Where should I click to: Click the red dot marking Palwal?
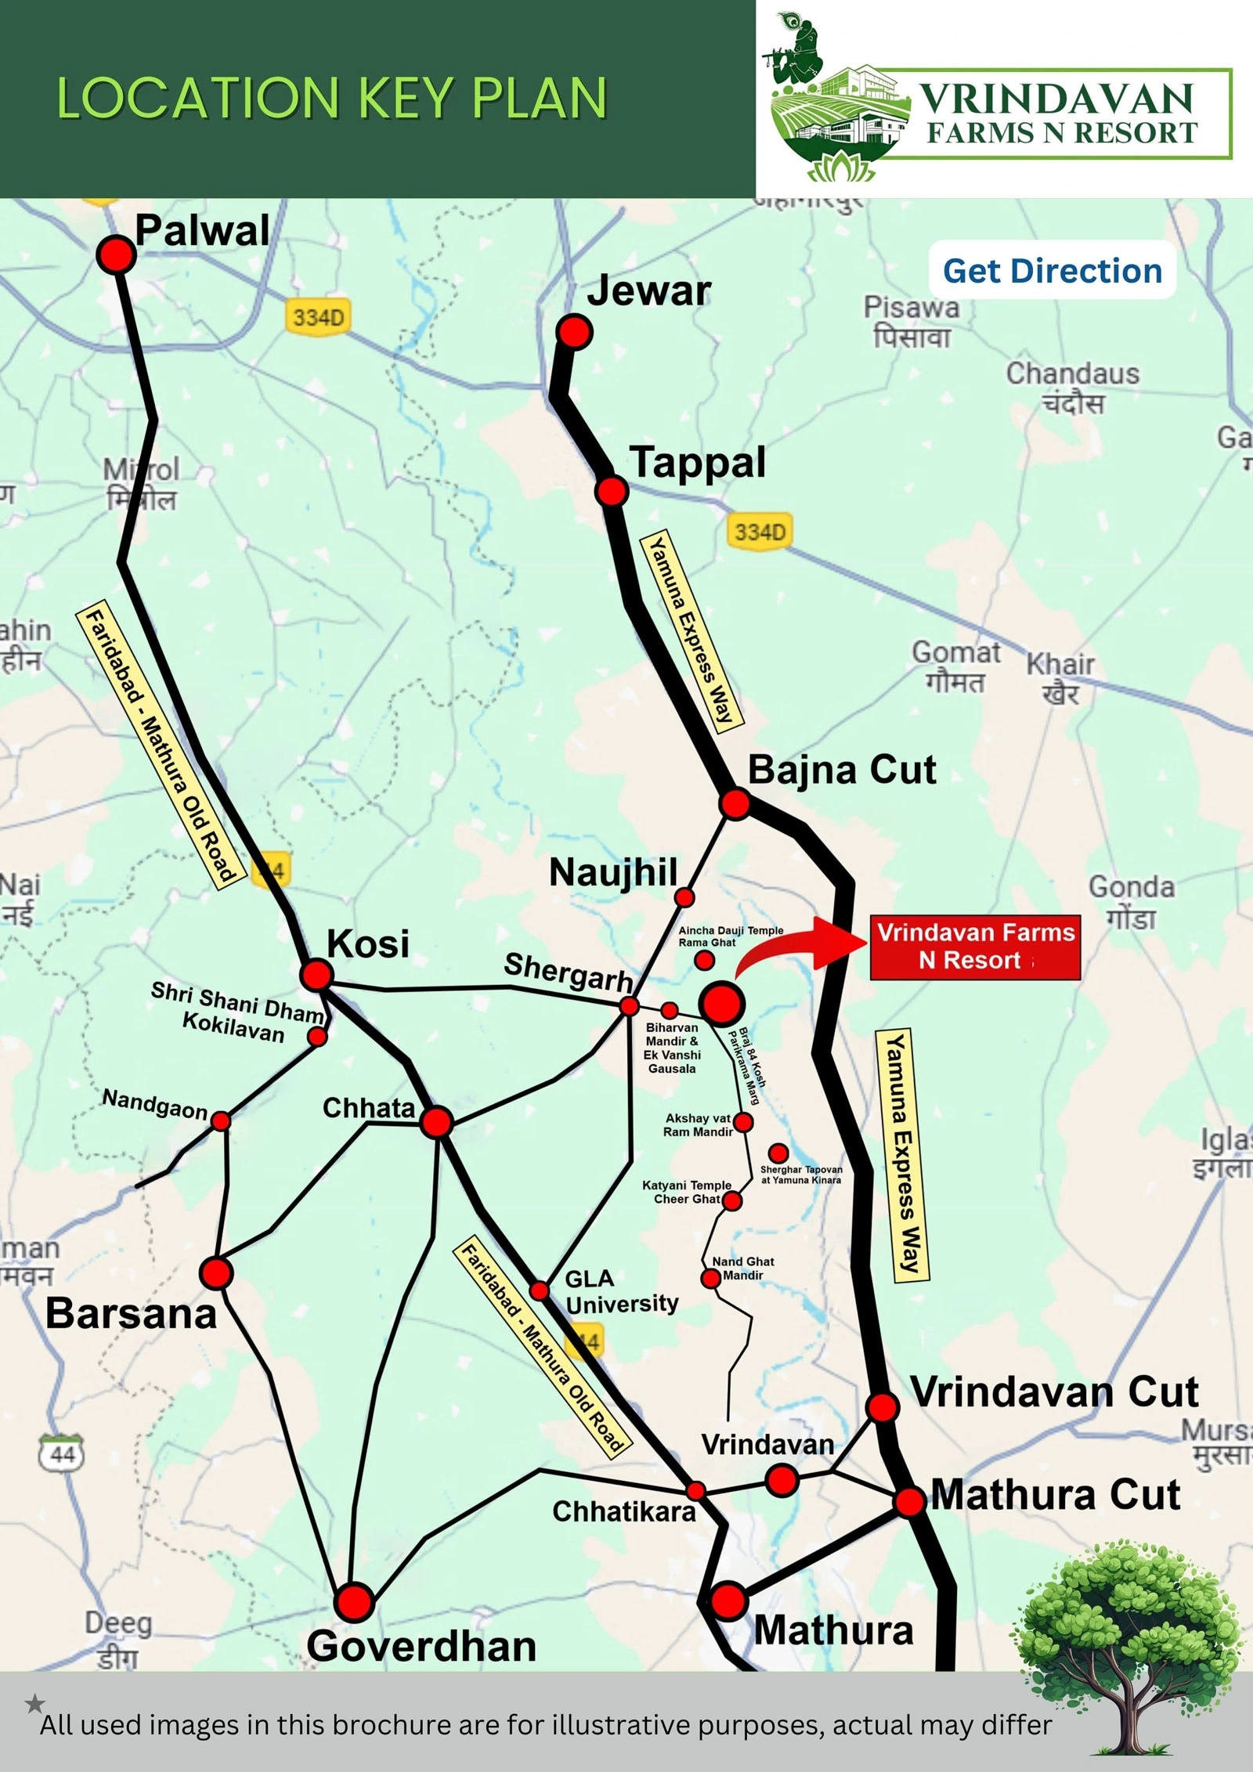point(116,254)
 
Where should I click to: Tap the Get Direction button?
point(1052,271)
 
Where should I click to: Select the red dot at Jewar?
point(574,332)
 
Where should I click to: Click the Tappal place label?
point(698,462)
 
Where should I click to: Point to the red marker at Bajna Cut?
point(735,803)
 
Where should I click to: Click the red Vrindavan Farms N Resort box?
point(975,947)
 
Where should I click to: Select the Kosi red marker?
point(316,975)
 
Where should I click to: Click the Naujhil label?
point(613,872)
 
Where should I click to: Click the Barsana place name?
point(131,1313)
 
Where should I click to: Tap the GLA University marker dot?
point(540,1290)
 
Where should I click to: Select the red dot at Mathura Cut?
point(910,1502)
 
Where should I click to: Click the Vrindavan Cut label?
point(1054,1392)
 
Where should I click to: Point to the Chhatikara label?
point(623,1510)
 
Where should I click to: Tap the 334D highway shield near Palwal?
point(317,317)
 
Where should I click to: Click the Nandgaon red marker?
point(222,1121)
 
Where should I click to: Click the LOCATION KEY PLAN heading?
point(332,99)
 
